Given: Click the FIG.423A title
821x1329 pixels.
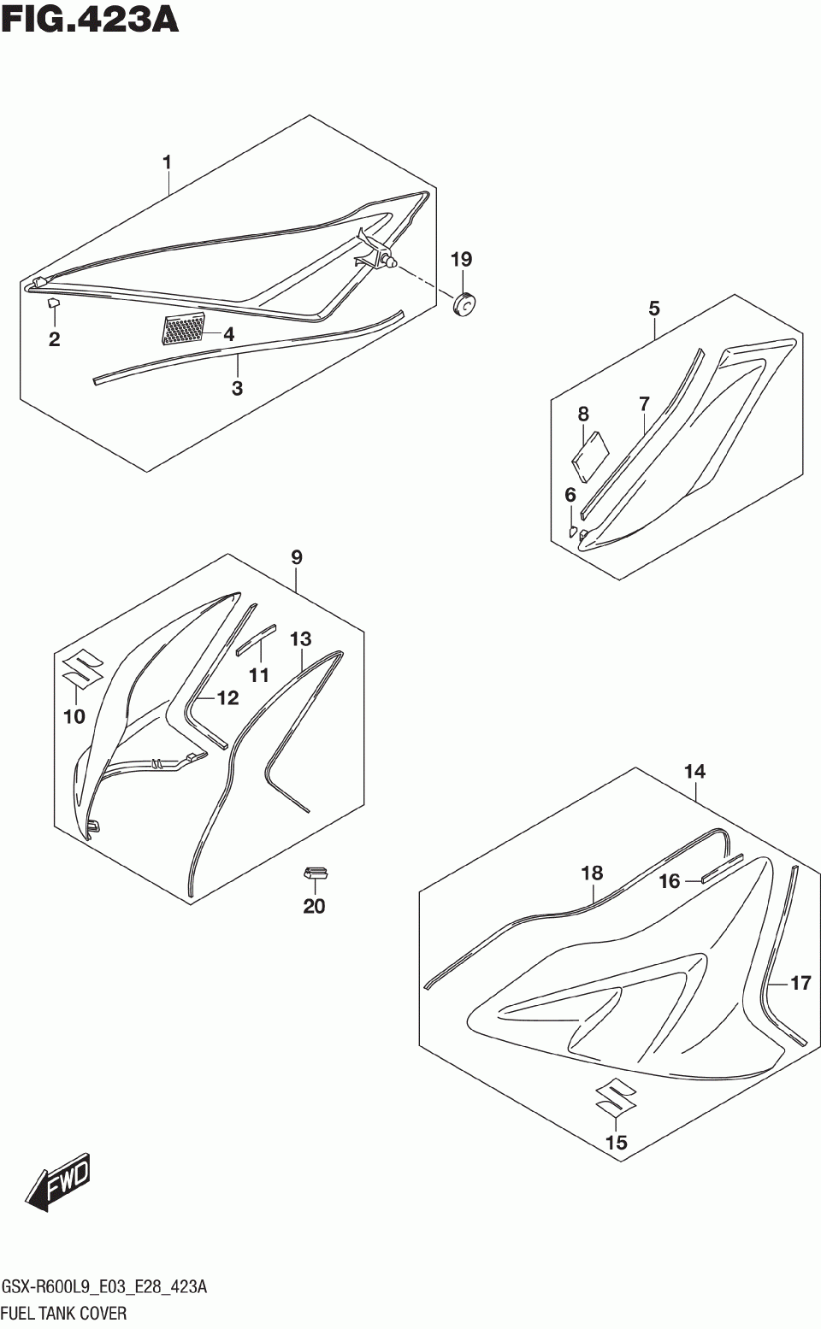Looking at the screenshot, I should (x=91, y=19).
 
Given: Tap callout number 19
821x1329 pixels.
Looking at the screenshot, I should (x=461, y=259).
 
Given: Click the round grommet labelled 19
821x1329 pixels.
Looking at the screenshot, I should (x=464, y=303).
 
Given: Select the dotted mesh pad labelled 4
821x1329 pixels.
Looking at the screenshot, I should (x=184, y=330).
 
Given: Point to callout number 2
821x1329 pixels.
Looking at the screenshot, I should (x=55, y=339).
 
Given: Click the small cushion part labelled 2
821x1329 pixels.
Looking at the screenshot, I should (x=52, y=302).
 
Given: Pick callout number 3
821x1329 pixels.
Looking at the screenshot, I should (x=237, y=388).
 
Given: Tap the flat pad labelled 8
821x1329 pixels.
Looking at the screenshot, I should (x=590, y=451).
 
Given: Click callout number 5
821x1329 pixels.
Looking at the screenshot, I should (x=654, y=308).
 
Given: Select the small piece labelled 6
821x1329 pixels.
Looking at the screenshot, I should (x=574, y=531).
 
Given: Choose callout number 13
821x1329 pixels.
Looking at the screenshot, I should (x=300, y=638).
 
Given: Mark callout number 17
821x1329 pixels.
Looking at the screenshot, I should (x=800, y=983).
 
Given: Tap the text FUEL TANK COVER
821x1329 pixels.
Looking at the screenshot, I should (x=64, y=1314).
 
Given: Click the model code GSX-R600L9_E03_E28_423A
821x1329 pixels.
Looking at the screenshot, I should (x=104, y=1288).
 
